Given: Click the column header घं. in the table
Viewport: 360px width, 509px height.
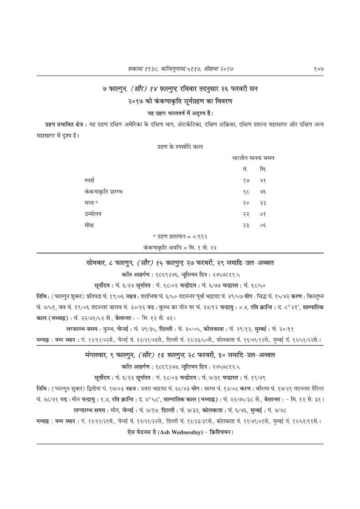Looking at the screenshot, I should pos(245,171).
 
